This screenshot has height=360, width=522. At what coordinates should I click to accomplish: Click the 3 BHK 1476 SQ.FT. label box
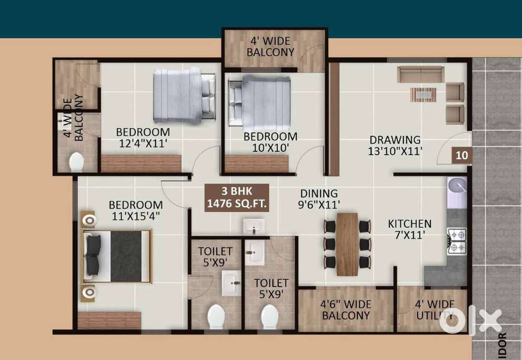pos(237,197)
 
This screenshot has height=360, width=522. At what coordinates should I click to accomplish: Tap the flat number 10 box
pos(461,155)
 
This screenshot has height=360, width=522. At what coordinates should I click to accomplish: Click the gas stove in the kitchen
pos(457,241)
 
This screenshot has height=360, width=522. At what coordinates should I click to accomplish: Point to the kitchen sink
pos(457,187)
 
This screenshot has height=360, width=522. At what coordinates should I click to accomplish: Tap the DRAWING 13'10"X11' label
pos(395,145)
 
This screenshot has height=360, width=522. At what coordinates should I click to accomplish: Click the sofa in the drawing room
pos(420,75)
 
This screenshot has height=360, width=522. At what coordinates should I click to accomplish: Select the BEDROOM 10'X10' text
pos(270,142)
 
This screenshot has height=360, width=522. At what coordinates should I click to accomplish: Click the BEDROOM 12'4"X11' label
pos(143,137)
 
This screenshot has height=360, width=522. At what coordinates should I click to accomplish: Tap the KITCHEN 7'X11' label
pos(409,229)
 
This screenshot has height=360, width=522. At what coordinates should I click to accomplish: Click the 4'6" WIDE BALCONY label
pos(346,310)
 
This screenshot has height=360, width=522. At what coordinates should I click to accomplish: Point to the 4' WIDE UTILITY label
pos(434,310)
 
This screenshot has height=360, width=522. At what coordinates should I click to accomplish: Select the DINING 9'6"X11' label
pos(318,199)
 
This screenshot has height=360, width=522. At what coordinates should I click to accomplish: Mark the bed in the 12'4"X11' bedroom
pos(184,95)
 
